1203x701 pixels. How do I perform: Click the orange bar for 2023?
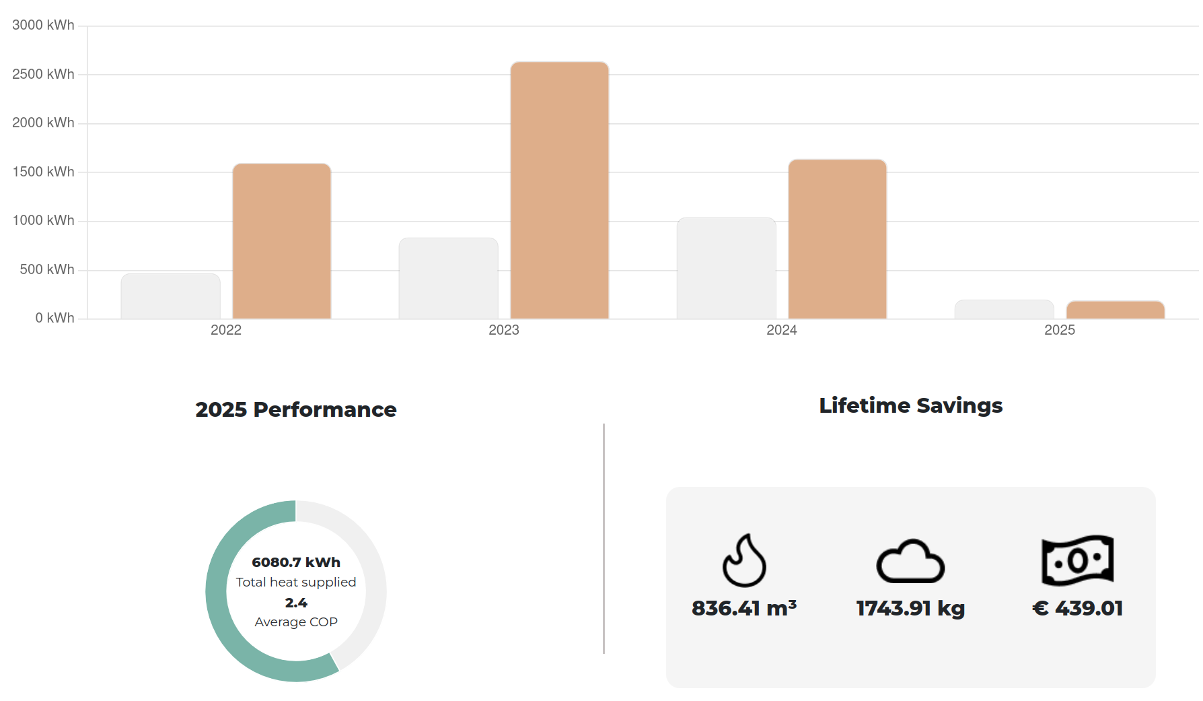point(559,191)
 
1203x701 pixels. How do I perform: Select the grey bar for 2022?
point(170,296)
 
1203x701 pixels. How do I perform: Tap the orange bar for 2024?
point(837,239)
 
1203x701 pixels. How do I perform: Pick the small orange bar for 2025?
point(1115,310)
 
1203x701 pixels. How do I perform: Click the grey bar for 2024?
point(726,268)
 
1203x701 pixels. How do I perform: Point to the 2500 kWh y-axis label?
point(43,74)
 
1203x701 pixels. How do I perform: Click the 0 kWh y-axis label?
point(54,318)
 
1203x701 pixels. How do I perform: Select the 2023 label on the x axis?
point(503,330)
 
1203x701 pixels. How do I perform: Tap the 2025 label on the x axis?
point(1059,330)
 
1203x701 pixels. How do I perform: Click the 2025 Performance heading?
point(296,409)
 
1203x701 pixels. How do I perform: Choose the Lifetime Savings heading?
point(910,405)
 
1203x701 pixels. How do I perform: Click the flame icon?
point(743,560)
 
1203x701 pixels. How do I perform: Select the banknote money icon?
point(1077,560)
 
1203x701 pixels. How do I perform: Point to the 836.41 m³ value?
point(743,608)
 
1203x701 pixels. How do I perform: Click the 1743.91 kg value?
point(910,608)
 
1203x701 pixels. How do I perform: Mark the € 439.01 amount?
point(1077,608)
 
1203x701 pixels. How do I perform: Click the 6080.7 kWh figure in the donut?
point(296,562)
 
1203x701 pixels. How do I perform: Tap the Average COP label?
point(296,622)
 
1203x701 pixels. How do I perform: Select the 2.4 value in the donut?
point(296,603)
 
